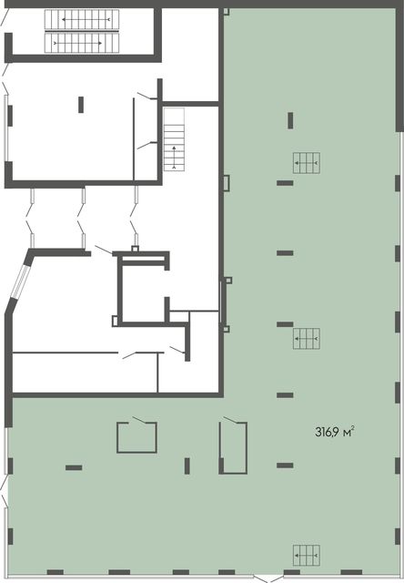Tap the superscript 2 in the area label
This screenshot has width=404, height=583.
[352, 429]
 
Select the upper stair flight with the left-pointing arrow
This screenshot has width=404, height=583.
[82, 20]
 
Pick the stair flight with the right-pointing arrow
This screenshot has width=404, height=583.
[82, 43]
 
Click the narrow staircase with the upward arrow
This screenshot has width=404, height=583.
[174, 139]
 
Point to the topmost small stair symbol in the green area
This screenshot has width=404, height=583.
[307, 163]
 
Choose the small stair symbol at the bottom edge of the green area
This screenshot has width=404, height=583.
[307, 556]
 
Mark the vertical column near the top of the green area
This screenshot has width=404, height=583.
[290, 121]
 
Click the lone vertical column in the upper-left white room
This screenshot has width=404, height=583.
[81, 105]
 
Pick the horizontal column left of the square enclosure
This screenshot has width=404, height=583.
[74, 467]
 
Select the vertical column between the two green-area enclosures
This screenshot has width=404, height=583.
[187, 465]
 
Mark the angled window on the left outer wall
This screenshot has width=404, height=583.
[19, 281]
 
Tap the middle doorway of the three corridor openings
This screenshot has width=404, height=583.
[83, 218]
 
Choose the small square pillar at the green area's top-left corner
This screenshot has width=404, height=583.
[227, 12]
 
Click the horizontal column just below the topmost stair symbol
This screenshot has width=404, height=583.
[285, 183]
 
